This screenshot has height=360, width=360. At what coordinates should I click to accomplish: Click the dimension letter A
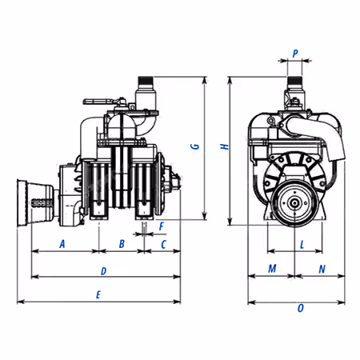(x=62, y=244)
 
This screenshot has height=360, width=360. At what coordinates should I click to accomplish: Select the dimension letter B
(x=122, y=244)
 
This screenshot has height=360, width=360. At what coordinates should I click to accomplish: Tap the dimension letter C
(x=163, y=244)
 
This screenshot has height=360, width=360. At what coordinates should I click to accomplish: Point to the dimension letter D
(x=103, y=271)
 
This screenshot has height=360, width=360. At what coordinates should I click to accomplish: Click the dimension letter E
(x=98, y=294)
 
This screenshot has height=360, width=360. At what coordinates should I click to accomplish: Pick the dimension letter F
(x=162, y=226)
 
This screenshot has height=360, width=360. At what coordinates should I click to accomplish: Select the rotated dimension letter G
(x=195, y=146)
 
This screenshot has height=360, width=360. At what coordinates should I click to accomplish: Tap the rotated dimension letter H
(x=225, y=146)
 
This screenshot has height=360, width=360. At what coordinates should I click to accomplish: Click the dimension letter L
(x=302, y=244)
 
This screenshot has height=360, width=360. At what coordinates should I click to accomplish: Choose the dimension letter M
(x=272, y=269)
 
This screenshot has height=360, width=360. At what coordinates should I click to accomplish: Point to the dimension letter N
(x=322, y=269)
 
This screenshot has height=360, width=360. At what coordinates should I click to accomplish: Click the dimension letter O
(x=301, y=308)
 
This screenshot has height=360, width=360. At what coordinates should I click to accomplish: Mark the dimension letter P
(x=295, y=54)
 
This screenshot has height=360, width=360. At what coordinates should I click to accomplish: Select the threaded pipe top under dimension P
(x=294, y=80)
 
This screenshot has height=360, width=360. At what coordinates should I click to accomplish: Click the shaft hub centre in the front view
(x=294, y=203)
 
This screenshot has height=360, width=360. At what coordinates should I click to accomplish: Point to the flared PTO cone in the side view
(x=35, y=203)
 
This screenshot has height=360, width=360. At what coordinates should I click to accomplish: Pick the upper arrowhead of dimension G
(x=205, y=80)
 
